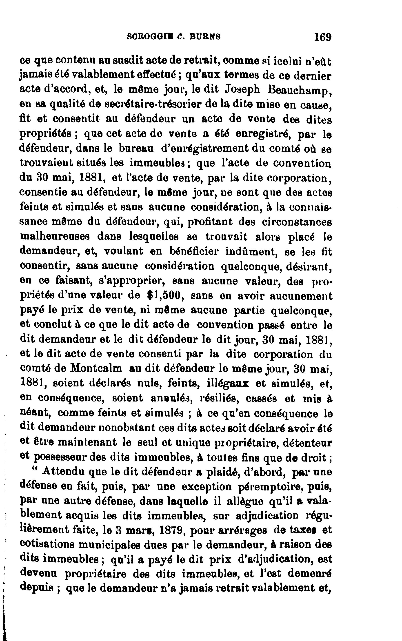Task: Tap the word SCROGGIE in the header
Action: click(x=150, y=36)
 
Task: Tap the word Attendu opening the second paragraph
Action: click(x=63, y=471)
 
